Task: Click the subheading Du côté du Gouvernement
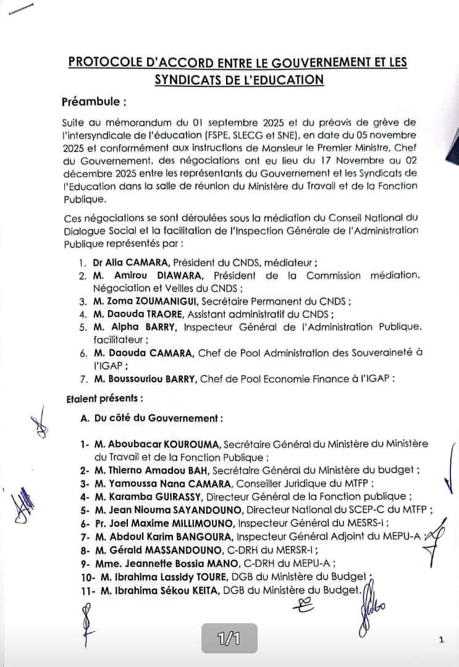(x=159, y=418)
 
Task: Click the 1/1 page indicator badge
(x=229, y=639)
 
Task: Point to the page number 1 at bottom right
(x=441, y=640)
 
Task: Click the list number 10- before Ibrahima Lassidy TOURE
(x=85, y=577)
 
